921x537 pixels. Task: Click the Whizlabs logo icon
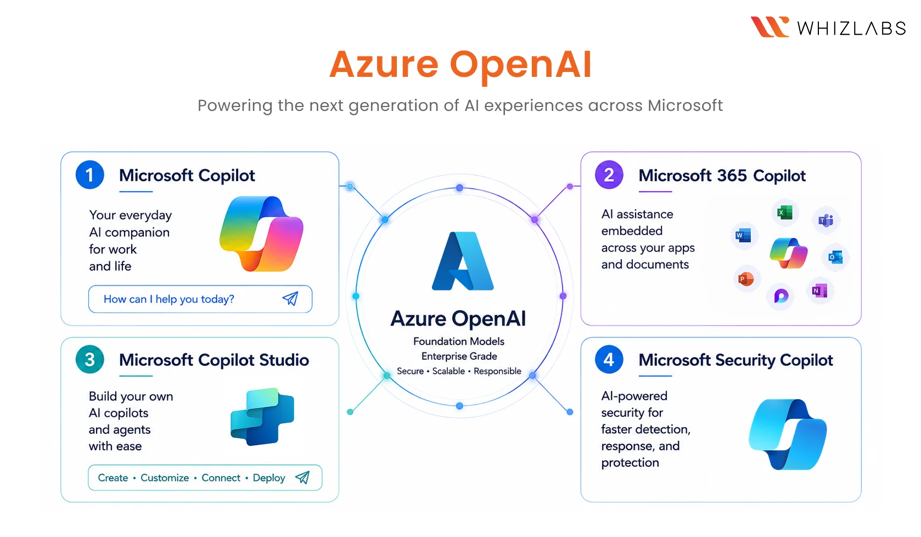click(x=770, y=27)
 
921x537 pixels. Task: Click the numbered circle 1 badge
click(x=89, y=175)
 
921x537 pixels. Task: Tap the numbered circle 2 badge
click(x=609, y=175)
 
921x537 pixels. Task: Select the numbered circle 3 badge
click(x=89, y=359)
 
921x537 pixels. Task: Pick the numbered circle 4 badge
click(x=609, y=359)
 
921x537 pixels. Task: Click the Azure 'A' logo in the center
click(x=463, y=261)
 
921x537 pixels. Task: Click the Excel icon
click(x=785, y=212)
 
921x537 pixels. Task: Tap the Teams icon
click(x=825, y=220)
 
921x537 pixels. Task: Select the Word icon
click(x=743, y=236)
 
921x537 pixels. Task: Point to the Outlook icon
click(x=835, y=258)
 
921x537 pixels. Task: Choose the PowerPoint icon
click(x=746, y=279)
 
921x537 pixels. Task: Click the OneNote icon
click(x=820, y=291)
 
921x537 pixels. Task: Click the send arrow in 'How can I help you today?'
click(x=290, y=299)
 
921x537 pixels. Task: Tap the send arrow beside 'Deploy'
click(x=302, y=477)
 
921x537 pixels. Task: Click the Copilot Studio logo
click(x=262, y=417)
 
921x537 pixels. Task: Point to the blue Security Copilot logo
click(x=788, y=434)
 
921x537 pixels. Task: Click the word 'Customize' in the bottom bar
click(x=165, y=478)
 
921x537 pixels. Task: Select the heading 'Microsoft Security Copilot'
click(x=735, y=360)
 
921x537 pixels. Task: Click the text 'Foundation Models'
click(x=459, y=342)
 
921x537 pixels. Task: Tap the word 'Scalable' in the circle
click(x=448, y=371)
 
